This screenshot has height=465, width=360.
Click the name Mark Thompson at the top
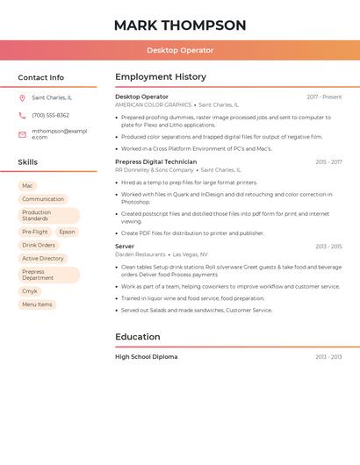(x=180, y=25)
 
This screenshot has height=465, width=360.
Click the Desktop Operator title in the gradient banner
(x=180, y=50)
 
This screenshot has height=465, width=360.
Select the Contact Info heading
(x=40, y=77)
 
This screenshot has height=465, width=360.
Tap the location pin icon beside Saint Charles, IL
(x=22, y=98)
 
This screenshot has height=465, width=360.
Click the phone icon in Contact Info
(x=22, y=115)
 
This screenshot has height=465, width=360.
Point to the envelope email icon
(x=22, y=134)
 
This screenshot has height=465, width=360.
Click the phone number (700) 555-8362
(x=50, y=115)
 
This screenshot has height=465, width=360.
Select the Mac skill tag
(x=27, y=186)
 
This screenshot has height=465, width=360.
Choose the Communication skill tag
(x=43, y=199)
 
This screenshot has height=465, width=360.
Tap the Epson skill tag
(x=67, y=232)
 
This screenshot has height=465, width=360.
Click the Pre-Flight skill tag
(x=35, y=232)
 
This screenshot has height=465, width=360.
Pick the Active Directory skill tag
(x=43, y=259)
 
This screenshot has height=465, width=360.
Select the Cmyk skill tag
(x=30, y=291)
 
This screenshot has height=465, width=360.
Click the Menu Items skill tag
(x=37, y=304)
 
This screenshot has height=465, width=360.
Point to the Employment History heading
(x=160, y=77)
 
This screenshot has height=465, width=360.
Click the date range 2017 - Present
(x=324, y=97)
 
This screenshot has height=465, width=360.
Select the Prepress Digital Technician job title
(x=155, y=162)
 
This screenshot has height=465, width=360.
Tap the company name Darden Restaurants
(x=140, y=254)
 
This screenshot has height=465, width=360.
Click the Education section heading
(x=138, y=336)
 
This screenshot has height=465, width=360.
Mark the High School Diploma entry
(x=146, y=357)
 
